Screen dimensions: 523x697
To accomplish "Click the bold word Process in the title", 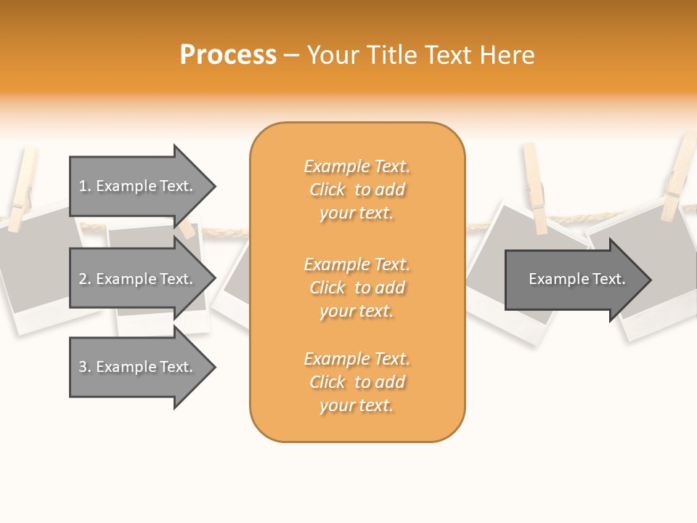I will tap(228, 55).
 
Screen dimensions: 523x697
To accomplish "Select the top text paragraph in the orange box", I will tap(356, 190).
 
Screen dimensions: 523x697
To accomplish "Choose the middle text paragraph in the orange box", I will tap(356, 288).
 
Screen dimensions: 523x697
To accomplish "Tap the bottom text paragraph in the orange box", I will tap(356, 382).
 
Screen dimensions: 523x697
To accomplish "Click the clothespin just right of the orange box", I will tap(535, 187).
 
